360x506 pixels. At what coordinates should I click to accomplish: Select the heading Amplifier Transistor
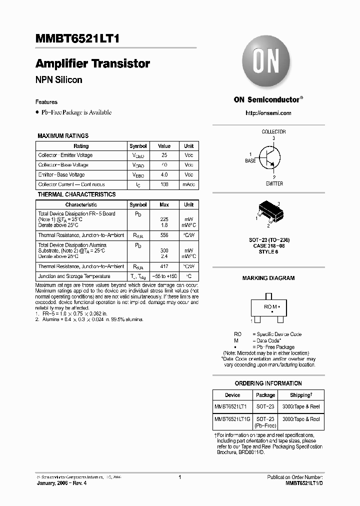coord(92,64)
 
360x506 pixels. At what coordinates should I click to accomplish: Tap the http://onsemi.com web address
coord(268,113)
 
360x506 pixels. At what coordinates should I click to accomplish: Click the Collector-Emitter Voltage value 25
coord(164,155)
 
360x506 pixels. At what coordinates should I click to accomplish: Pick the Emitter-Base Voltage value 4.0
coord(164,175)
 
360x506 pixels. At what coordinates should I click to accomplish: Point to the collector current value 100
coord(164,185)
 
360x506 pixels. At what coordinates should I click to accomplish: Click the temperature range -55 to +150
coord(164,276)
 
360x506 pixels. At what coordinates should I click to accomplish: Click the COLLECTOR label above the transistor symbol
coord(273,131)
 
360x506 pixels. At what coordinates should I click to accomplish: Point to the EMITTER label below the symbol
coord(274,183)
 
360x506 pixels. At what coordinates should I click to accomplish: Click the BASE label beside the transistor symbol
coord(250,161)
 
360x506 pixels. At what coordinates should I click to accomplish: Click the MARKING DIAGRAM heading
coord(268,278)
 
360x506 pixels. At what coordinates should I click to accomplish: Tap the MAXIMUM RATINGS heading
coord(63,135)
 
